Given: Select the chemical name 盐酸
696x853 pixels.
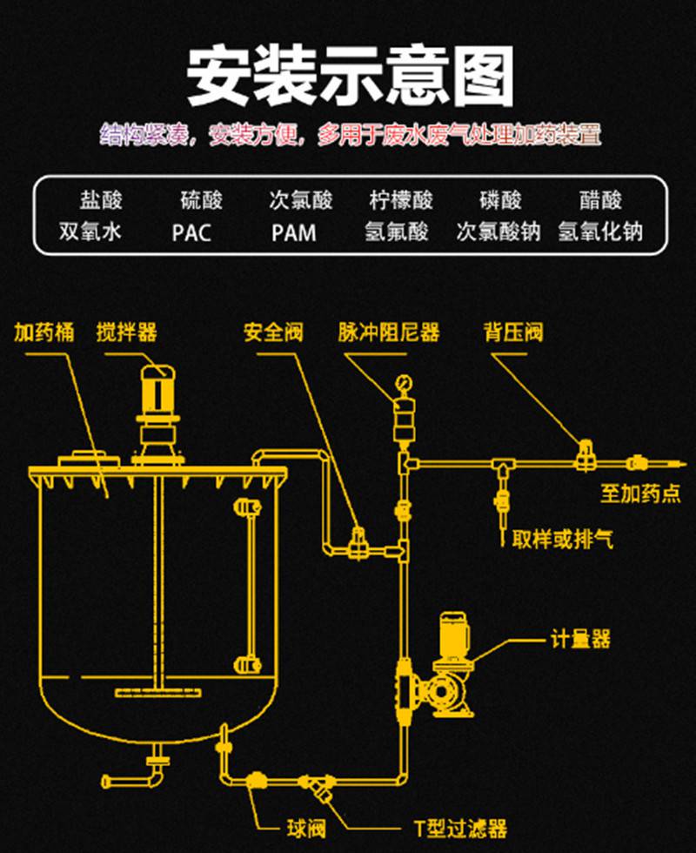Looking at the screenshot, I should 101,201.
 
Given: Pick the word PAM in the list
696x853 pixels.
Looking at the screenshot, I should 293,233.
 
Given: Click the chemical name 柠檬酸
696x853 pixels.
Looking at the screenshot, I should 401,201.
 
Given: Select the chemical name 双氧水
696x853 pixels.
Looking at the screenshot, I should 90,232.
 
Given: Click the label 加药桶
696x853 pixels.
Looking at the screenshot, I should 43,332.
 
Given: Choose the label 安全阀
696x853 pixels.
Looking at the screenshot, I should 273,332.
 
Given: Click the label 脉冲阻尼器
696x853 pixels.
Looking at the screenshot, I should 389,332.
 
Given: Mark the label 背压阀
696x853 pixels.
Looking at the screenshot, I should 513,332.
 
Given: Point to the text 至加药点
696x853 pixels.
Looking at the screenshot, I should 639,494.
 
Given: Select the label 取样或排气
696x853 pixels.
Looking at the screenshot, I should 563,540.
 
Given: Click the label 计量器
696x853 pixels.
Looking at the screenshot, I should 580,640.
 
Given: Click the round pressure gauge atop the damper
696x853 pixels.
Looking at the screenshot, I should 403,381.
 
